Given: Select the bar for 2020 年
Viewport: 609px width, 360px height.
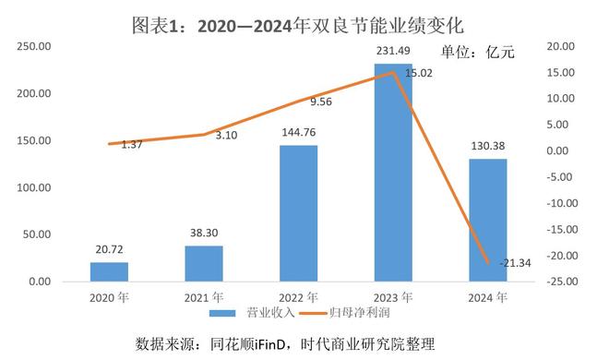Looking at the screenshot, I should pyautogui.click(x=109, y=271).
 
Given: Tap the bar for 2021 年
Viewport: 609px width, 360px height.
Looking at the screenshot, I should pyautogui.click(x=204, y=263).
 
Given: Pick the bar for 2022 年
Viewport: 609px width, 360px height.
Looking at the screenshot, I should pyautogui.click(x=298, y=213).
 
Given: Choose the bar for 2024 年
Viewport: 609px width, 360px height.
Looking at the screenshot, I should pyautogui.click(x=488, y=220).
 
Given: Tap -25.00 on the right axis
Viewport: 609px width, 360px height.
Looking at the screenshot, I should pyautogui.click(x=562, y=282).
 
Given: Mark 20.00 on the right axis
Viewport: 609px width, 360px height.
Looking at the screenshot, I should pyautogui.click(x=562, y=46).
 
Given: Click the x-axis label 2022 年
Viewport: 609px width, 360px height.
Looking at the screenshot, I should pyautogui.click(x=298, y=297).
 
